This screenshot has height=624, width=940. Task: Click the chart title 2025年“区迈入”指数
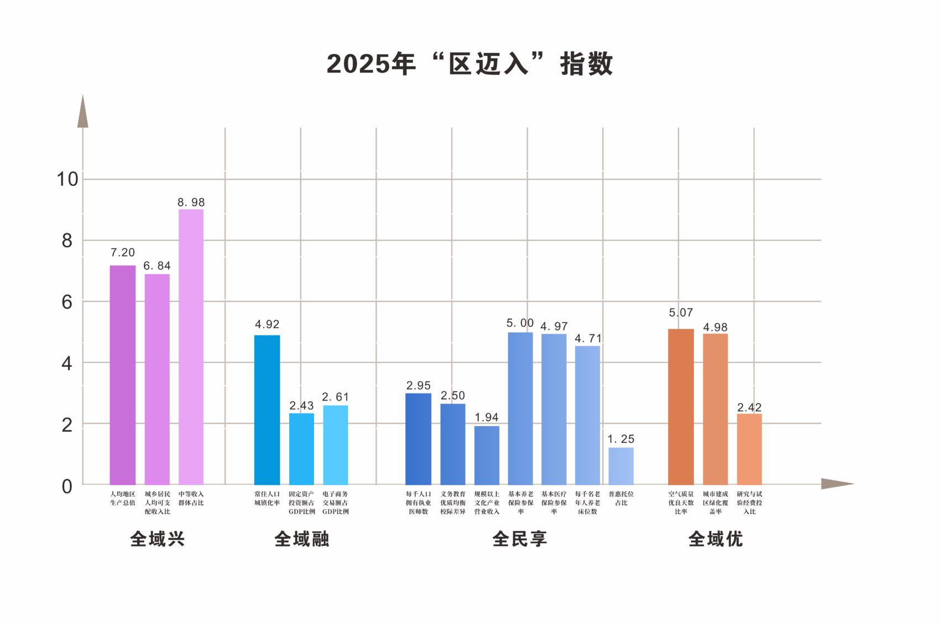coord(469,64)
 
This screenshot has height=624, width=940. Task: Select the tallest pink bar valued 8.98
coord(191,347)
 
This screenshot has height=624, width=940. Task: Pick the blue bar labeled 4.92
coord(267,410)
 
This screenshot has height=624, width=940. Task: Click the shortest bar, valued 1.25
coord(621,466)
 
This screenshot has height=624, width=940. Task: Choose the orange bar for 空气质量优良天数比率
coord(681,407)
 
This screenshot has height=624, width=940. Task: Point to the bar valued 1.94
coord(487,455)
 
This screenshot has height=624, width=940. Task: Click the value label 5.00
coord(520,323)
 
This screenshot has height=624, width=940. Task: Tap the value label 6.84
coord(157,266)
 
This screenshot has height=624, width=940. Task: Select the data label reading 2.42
coord(749,407)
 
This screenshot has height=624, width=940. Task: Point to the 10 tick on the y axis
coord(67,179)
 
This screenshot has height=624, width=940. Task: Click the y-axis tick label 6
coord(67,302)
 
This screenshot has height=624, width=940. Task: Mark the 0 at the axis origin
coord(67,486)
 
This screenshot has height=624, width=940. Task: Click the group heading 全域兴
coord(157,539)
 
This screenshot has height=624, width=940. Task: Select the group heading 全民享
coord(520,539)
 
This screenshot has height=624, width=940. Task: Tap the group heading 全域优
coord(716,539)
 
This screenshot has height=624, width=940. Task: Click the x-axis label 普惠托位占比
coord(621,498)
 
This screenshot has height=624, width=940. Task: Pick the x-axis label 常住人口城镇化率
coord(267,498)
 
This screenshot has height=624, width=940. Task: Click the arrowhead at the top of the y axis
coord(83,112)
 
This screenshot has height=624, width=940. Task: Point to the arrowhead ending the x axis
coord(837,484)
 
